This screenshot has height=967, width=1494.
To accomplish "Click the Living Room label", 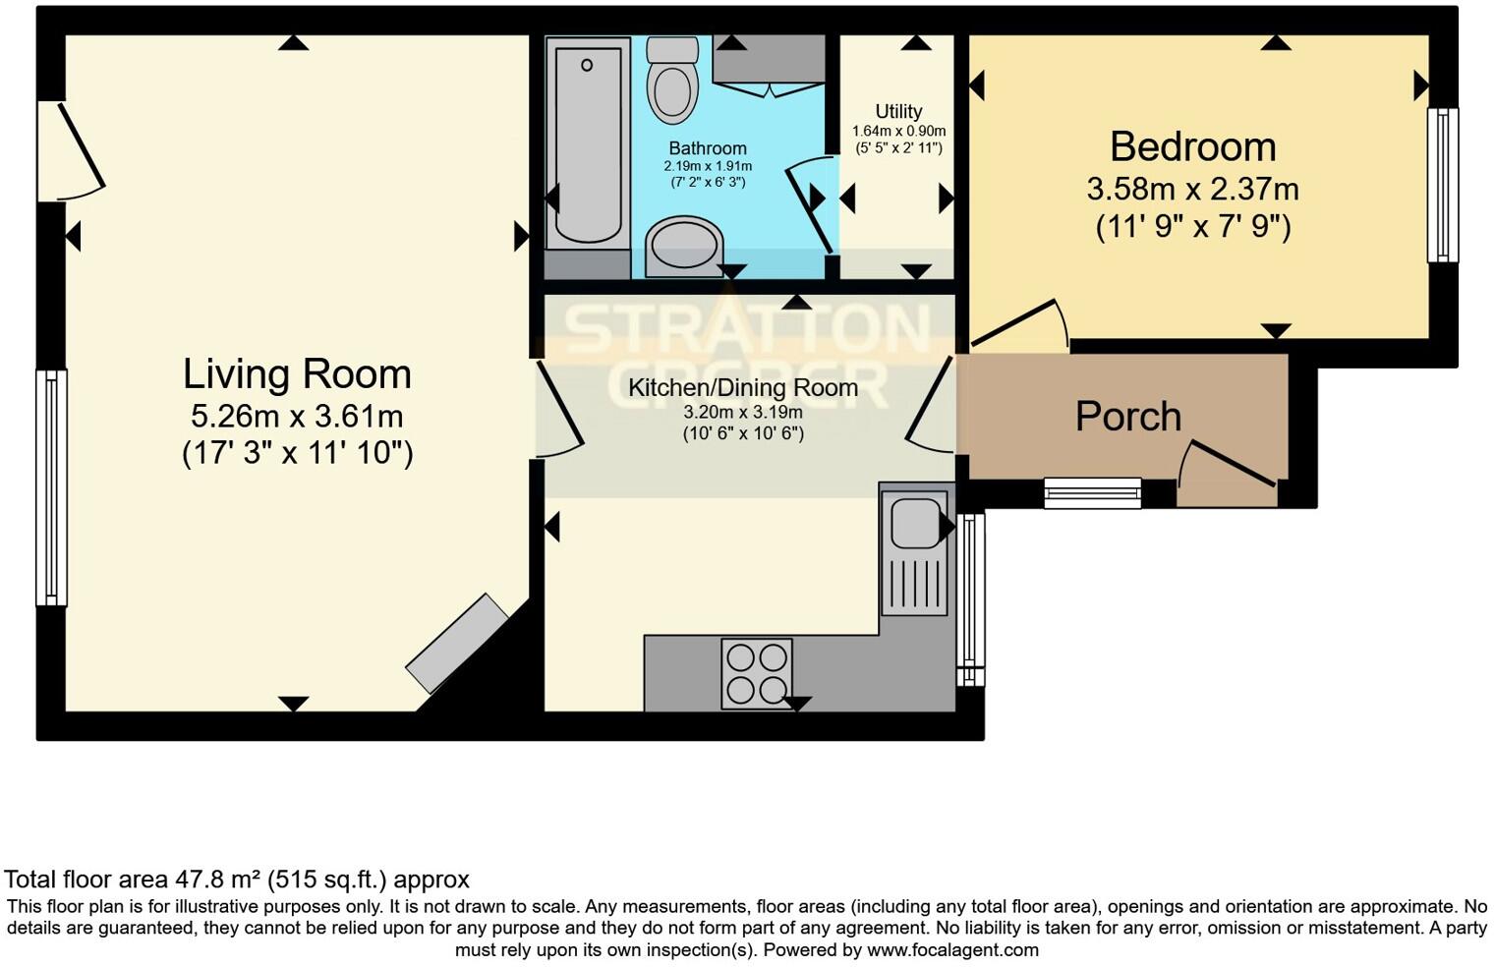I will [x=297, y=374].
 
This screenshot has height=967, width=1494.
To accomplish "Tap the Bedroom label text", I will [x=1192, y=147].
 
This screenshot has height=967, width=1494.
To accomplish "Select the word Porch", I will [x=1127, y=417].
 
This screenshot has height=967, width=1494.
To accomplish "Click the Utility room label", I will [x=898, y=111].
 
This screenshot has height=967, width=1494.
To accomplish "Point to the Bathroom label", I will [x=708, y=148].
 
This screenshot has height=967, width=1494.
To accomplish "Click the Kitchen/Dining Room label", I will [x=743, y=388].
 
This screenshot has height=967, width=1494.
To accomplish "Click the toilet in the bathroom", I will [x=672, y=84].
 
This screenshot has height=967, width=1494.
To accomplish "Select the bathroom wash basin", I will [x=683, y=245].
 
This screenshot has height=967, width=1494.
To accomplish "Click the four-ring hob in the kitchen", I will [x=757, y=673].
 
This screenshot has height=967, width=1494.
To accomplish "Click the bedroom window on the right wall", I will [x=1442, y=185].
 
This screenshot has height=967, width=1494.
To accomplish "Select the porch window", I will [x=1092, y=492].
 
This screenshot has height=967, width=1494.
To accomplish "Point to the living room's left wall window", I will [x=52, y=486].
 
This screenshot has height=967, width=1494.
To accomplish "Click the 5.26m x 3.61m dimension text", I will [x=297, y=417].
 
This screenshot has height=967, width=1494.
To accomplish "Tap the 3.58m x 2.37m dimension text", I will [x=1192, y=189].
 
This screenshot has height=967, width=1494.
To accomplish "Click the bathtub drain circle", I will [x=587, y=65].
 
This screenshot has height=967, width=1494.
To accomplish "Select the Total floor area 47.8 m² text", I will [x=237, y=880].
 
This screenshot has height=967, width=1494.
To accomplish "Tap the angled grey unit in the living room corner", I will [x=457, y=644].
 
